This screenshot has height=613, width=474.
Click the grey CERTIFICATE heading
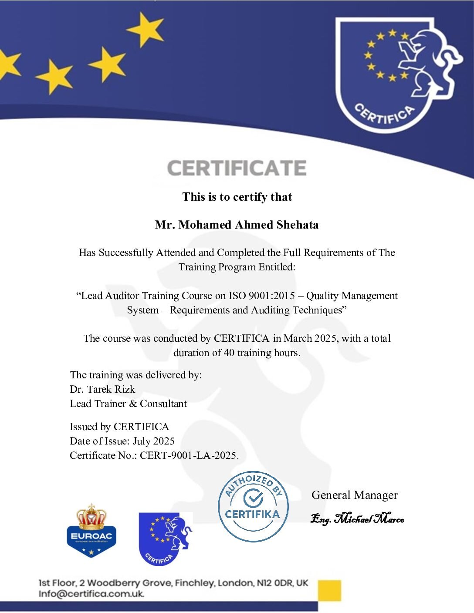[237, 168]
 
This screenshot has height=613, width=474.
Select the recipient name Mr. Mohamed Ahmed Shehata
[237, 225]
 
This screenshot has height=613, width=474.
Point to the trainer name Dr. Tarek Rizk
[102, 389]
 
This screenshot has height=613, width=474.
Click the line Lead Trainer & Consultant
[128, 404]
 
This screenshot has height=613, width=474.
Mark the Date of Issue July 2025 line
[122, 441]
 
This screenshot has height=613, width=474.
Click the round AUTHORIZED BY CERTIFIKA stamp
[253, 506]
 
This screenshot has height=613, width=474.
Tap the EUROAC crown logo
[91, 531]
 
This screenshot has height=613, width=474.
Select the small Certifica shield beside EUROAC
[165, 539]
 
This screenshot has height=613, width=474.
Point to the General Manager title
[354, 495]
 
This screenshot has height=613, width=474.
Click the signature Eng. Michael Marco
[357, 519]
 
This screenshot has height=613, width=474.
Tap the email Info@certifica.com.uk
[91, 593]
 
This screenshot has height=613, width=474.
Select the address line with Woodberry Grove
[173, 583]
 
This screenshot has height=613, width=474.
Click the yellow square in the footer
[329, 590]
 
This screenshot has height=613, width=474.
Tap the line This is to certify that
[237, 197]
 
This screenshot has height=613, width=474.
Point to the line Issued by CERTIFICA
[119, 427]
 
